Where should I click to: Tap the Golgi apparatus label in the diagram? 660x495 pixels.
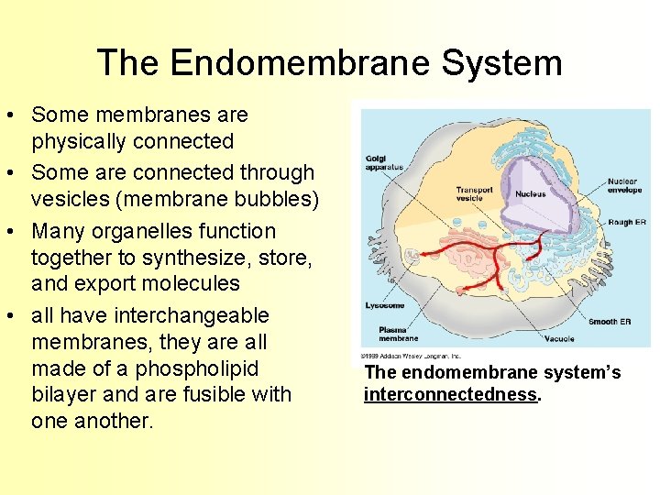[x=382, y=163]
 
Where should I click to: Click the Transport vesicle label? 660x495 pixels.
[x=475, y=193]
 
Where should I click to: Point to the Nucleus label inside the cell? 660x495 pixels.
[x=530, y=194]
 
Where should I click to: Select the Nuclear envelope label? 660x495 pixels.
[x=622, y=186]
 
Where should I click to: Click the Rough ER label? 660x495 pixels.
[x=628, y=221]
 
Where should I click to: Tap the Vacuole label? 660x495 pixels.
[x=559, y=338]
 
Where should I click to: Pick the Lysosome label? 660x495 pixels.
[x=384, y=305]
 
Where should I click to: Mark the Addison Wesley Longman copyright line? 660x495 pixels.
[x=411, y=356]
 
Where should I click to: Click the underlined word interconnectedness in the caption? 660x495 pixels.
[x=449, y=394]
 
